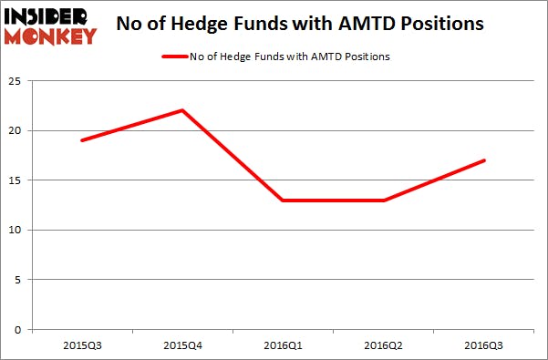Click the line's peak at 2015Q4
click(x=183, y=110)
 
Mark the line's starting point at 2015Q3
click(x=83, y=140)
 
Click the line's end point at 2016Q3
click(x=484, y=160)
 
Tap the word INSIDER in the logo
click(x=51, y=17)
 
